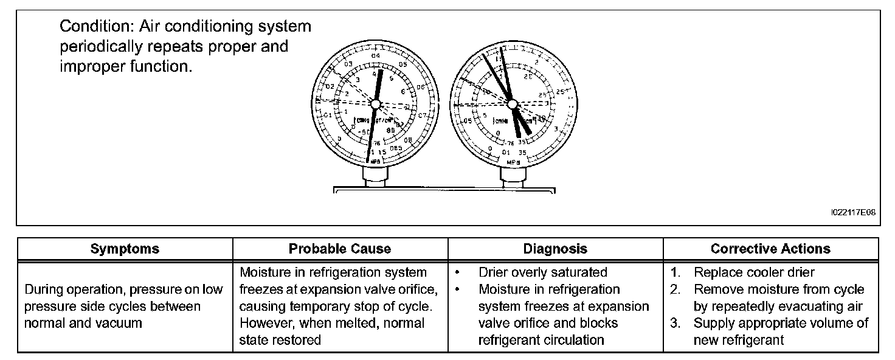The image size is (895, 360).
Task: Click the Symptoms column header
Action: pyautogui.click(x=125, y=249)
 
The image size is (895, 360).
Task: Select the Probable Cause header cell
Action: pyautogui.click(x=340, y=249)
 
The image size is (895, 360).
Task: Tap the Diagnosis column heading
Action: pyautogui.click(x=555, y=249)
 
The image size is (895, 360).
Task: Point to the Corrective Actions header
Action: pyautogui.click(x=770, y=249)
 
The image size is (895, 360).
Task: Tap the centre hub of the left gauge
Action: pyautogui.click(x=375, y=105)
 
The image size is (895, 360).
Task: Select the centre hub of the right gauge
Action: pyautogui.click(x=513, y=104)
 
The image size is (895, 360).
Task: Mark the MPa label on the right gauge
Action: pyautogui.click(x=513, y=162)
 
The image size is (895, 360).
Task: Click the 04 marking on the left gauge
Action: pyautogui.click(x=375, y=57)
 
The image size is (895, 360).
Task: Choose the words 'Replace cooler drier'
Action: pyautogui.click(x=754, y=272)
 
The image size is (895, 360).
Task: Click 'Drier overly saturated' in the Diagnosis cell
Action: pyautogui.click(x=542, y=272)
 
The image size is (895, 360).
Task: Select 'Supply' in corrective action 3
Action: pyautogui.click(x=713, y=324)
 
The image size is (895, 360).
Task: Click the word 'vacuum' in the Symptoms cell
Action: pyautogui.click(x=121, y=324)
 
